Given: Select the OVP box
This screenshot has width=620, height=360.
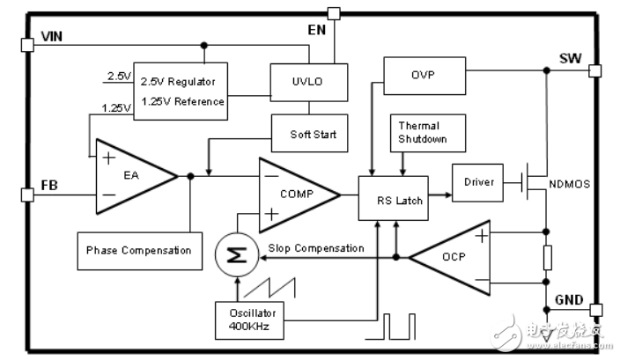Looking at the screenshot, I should tap(424, 76).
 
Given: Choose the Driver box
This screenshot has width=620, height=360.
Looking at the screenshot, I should tap(477, 182).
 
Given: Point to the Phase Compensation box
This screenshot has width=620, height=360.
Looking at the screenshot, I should tap(139, 250).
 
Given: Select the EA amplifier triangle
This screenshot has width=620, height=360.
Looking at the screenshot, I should tap(132, 176).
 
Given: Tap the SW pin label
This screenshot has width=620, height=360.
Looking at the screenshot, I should tap(570, 59).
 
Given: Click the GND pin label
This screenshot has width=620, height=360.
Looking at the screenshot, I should tap(569, 300).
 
